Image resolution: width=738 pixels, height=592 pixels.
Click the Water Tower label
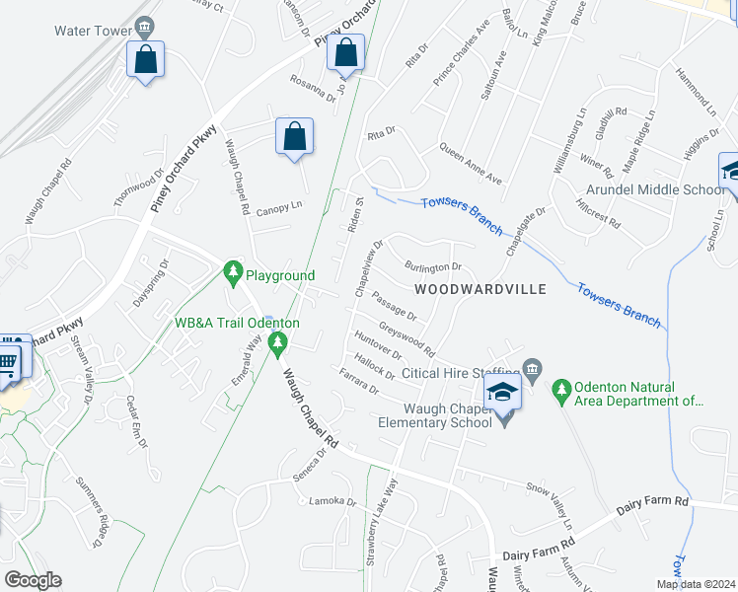point(94,31)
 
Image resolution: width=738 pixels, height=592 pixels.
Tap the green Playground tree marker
point(234,271)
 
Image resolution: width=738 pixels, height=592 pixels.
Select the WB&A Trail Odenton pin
point(278,344)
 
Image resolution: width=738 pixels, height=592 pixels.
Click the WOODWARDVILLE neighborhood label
point(480,289)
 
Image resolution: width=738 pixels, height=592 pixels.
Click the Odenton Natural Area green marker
point(561,392)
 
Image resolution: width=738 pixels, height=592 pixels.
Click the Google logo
point(33,580)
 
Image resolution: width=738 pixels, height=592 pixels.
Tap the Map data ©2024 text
point(695,584)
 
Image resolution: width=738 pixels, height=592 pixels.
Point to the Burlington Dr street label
point(434,266)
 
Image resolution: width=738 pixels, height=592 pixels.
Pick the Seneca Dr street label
point(308,462)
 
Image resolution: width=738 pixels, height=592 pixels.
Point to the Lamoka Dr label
point(332,501)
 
